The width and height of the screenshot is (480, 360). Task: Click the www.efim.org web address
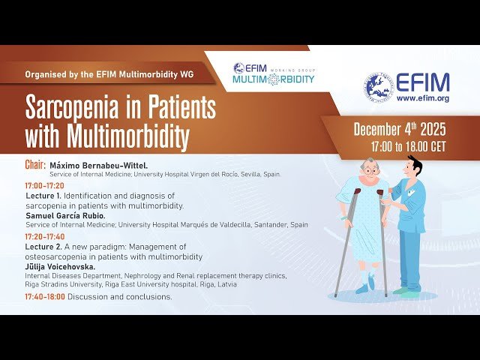pos(422,98)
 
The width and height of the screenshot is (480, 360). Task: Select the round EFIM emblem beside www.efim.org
pos(379,88)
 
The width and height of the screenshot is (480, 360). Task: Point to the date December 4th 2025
pos(399,129)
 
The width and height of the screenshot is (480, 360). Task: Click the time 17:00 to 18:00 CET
pos(408,146)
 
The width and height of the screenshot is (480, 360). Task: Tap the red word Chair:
pos(34,164)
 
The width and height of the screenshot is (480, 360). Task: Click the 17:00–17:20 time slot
pos(44,185)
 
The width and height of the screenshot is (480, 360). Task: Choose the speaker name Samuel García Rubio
pos(65,215)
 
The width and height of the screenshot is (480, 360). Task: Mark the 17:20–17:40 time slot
pos(44,236)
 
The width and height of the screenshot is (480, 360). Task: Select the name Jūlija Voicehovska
pos(62,266)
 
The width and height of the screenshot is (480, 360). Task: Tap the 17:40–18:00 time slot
pos(44,297)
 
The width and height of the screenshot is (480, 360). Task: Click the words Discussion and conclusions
pos(120,297)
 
